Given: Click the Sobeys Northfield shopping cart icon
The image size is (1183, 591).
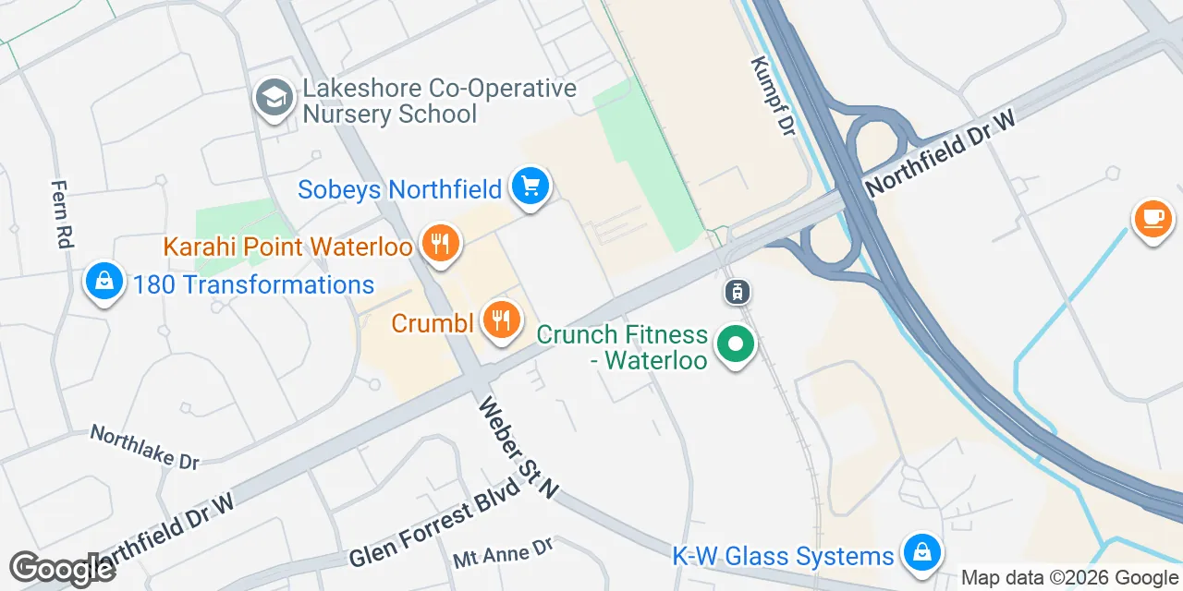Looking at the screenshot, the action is (x=530, y=187).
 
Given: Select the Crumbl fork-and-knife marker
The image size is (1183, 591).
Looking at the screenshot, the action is (x=501, y=320).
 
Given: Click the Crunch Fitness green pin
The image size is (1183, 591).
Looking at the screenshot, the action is (x=736, y=345).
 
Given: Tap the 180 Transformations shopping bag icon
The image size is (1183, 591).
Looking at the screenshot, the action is (x=104, y=282).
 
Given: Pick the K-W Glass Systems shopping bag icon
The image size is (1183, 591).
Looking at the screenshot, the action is (x=921, y=553).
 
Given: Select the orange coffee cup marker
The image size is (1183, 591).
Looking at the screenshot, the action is (x=1153, y=219).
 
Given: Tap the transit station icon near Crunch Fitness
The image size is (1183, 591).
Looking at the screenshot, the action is (x=737, y=293).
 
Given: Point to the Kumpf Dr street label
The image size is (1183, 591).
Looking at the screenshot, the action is (x=773, y=96).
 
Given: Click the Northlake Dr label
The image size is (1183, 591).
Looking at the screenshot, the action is (x=144, y=446).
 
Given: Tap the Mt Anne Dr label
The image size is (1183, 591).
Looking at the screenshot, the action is (x=502, y=554).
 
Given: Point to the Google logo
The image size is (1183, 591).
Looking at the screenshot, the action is (x=61, y=569).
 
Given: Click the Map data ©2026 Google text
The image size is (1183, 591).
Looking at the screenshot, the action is (x=1069, y=578).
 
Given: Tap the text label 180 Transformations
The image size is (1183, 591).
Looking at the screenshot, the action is (x=253, y=284).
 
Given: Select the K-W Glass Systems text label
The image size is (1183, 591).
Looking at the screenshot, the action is (x=783, y=556).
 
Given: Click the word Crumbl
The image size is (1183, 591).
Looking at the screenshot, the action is (x=433, y=323).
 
